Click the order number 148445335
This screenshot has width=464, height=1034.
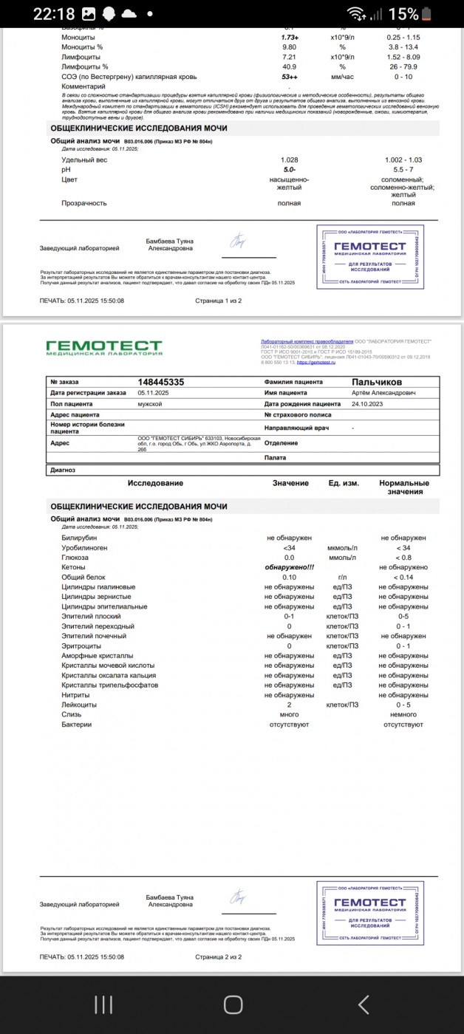(161, 382)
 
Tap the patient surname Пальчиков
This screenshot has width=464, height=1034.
(377, 382)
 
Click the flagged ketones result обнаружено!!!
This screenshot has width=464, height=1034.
(289, 567)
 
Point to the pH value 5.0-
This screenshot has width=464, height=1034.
(289, 170)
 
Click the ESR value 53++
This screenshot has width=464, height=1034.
(289, 77)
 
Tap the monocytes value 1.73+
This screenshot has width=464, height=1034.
(289, 37)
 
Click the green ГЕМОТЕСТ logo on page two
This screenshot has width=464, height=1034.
(103, 347)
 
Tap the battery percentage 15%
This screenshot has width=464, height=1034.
(403, 14)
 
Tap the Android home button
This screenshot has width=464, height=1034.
(233, 1004)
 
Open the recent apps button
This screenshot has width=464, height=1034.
(103, 1004)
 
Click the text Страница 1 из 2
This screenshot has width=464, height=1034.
(218, 301)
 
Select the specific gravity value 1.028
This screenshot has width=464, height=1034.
(289, 160)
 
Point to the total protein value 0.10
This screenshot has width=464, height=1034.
(289, 577)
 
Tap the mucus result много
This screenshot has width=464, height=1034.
(289, 715)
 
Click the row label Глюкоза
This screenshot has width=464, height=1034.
(76, 558)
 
